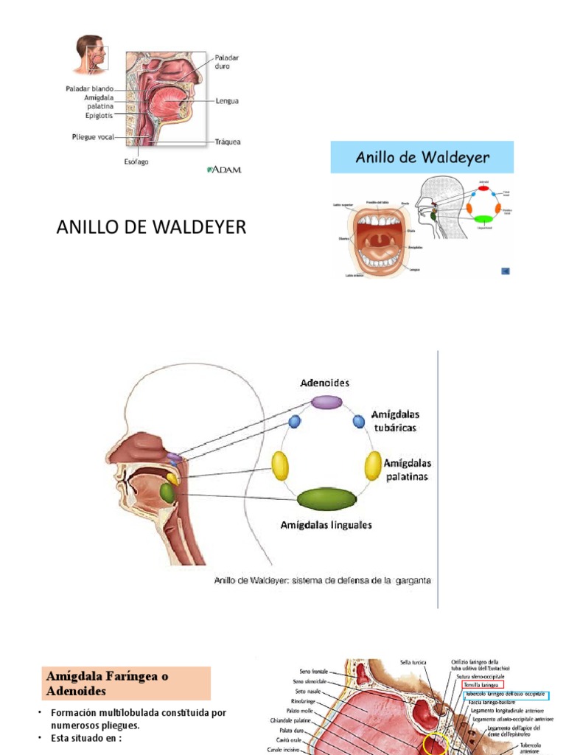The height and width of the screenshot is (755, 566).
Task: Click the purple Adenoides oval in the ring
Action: point(326,402)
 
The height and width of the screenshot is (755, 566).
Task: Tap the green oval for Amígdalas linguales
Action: point(326,500)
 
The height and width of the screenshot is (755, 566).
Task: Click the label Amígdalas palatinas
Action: point(402,470)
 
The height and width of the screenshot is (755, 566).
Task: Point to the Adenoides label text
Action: point(324,383)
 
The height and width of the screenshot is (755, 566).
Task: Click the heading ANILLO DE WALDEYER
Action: point(151,228)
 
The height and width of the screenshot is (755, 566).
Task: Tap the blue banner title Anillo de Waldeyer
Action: point(422,157)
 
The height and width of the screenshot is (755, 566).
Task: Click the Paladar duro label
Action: point(227,61)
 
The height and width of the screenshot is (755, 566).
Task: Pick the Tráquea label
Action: point(228,142)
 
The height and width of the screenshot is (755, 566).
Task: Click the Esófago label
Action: point(136,161)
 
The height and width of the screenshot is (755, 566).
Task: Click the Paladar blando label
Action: point(90,88)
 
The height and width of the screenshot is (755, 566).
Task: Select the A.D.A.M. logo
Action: point(225,170)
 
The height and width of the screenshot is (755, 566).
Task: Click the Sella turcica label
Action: point(415,663)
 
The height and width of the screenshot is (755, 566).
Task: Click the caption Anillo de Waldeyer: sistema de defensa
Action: point(322,580)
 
